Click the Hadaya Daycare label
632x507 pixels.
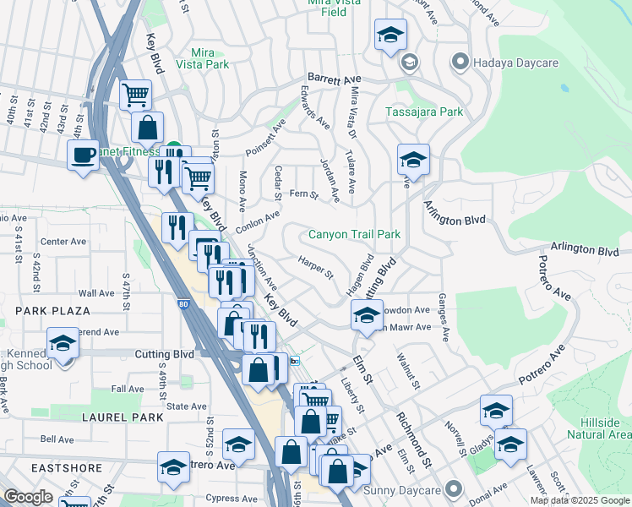tap(505, 62)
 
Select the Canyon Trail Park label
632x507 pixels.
tap(353, 234)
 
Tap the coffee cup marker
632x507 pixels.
tap(84, 155)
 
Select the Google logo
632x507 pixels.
tap(28, 497)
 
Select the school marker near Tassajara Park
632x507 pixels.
tap(413, 159)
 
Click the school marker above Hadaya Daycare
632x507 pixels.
tap(390, 35)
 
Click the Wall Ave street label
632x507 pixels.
tap(96, 293)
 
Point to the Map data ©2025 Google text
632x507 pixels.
tap(580, 500)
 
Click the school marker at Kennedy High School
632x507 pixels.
tap(63, 343)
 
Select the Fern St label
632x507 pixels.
tap(303, 195)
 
